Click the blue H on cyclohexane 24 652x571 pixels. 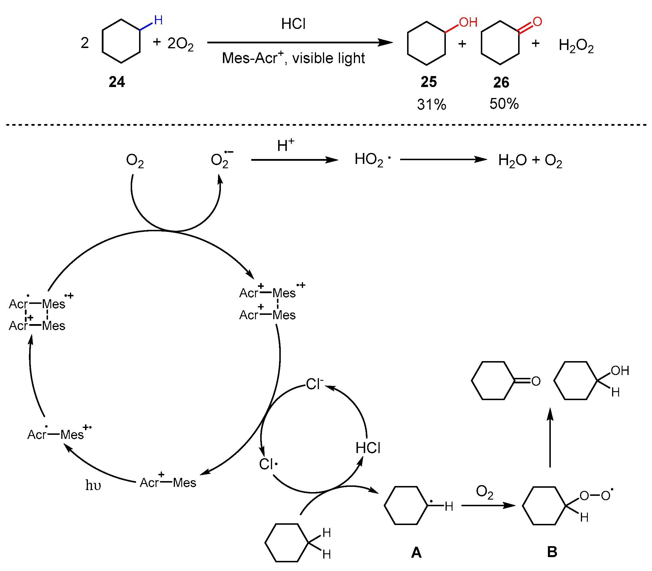pyautogui.click(x=158, y=21)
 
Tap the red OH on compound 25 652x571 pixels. pyautogui.click(x=468, y=22)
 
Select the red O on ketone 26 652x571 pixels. pyautogui.click(x=537, y=22)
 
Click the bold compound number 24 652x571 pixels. pyautogui.click(x=117, y=82)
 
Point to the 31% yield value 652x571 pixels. pyautogui.click(x=431, y=104)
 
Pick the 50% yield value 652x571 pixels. pyautogui.click(x=504, y=104)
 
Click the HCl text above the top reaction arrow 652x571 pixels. pyautogui.click(x=293, y=24)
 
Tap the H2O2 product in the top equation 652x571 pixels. pyautogui.click(x=576, y=45)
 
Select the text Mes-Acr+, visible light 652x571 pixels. pyautogui.click(x=293, y=58)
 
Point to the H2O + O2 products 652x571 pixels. pyautogui.click(x=530, y=160)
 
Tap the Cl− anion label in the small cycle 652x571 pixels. pyautogui.click(x=315, y=384)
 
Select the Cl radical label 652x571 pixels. pyautogui.click(x=268, y=464)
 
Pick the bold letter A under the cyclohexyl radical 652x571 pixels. pyautogui.click(x=416, y=552)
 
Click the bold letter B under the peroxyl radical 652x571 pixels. pyautogui.click(x=552, y=552)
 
